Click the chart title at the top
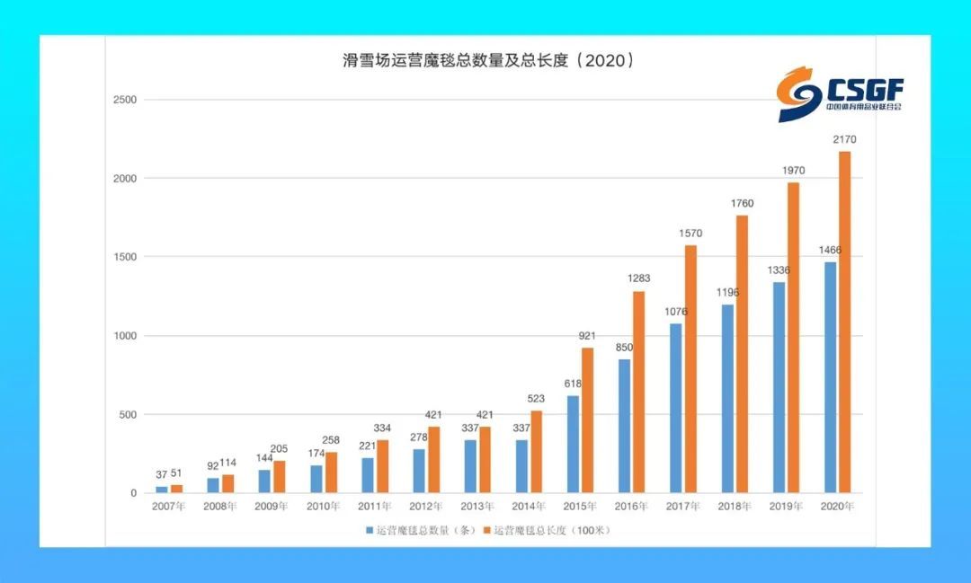coord(488,60)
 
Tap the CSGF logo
coord(841,94)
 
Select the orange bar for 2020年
coord(844,322)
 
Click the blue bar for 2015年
coord(573,445)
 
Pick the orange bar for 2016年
coord(638,392)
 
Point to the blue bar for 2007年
coord(162,490)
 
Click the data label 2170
coord(844,139)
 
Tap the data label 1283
coord(638,278)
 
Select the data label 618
coord(573,384)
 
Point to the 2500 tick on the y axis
coord(124,100)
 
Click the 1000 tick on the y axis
coord(124,335)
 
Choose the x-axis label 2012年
coord(426,507)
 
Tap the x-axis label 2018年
coord(735,507)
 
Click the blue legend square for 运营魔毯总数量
coord(370,530)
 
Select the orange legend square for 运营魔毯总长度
coord(486,530)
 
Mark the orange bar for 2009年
coord(280,476)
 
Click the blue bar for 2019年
coord(779,387)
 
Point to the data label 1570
coord(690,234)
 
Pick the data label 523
coord(536,399)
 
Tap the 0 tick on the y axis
coord(133,493)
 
